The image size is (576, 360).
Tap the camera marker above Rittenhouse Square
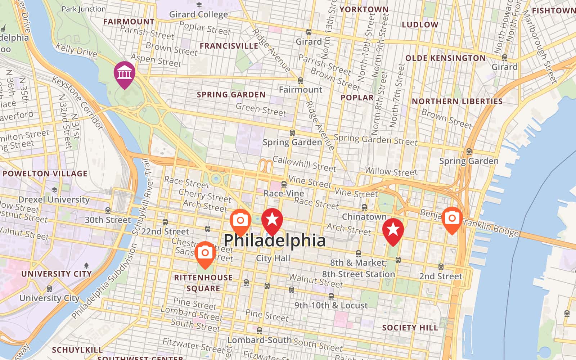pos(205,253)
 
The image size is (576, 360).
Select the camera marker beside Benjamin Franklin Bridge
pos(452,219)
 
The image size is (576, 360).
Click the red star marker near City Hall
pos(272,220)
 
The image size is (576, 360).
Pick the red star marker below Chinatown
pos(393,230)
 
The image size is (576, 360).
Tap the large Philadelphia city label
pos(274,240)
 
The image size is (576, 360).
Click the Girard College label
pos(198,14)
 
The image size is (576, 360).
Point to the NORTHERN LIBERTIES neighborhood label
pos(457,102)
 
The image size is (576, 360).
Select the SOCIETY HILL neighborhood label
pos(410,328)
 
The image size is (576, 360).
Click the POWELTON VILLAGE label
pos(45,174)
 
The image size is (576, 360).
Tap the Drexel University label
pos(54,199)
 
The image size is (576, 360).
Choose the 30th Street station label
pos(108,220)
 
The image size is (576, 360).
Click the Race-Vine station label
pos(284,193)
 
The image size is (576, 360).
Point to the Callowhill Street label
pos(304,164)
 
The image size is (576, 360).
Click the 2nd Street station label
pos(441,276)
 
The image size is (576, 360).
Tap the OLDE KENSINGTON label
pos(445,58)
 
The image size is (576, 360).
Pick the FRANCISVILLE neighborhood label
pos(229,46)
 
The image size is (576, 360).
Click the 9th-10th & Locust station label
pos(331,305)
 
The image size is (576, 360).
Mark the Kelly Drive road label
pos(76,50)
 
